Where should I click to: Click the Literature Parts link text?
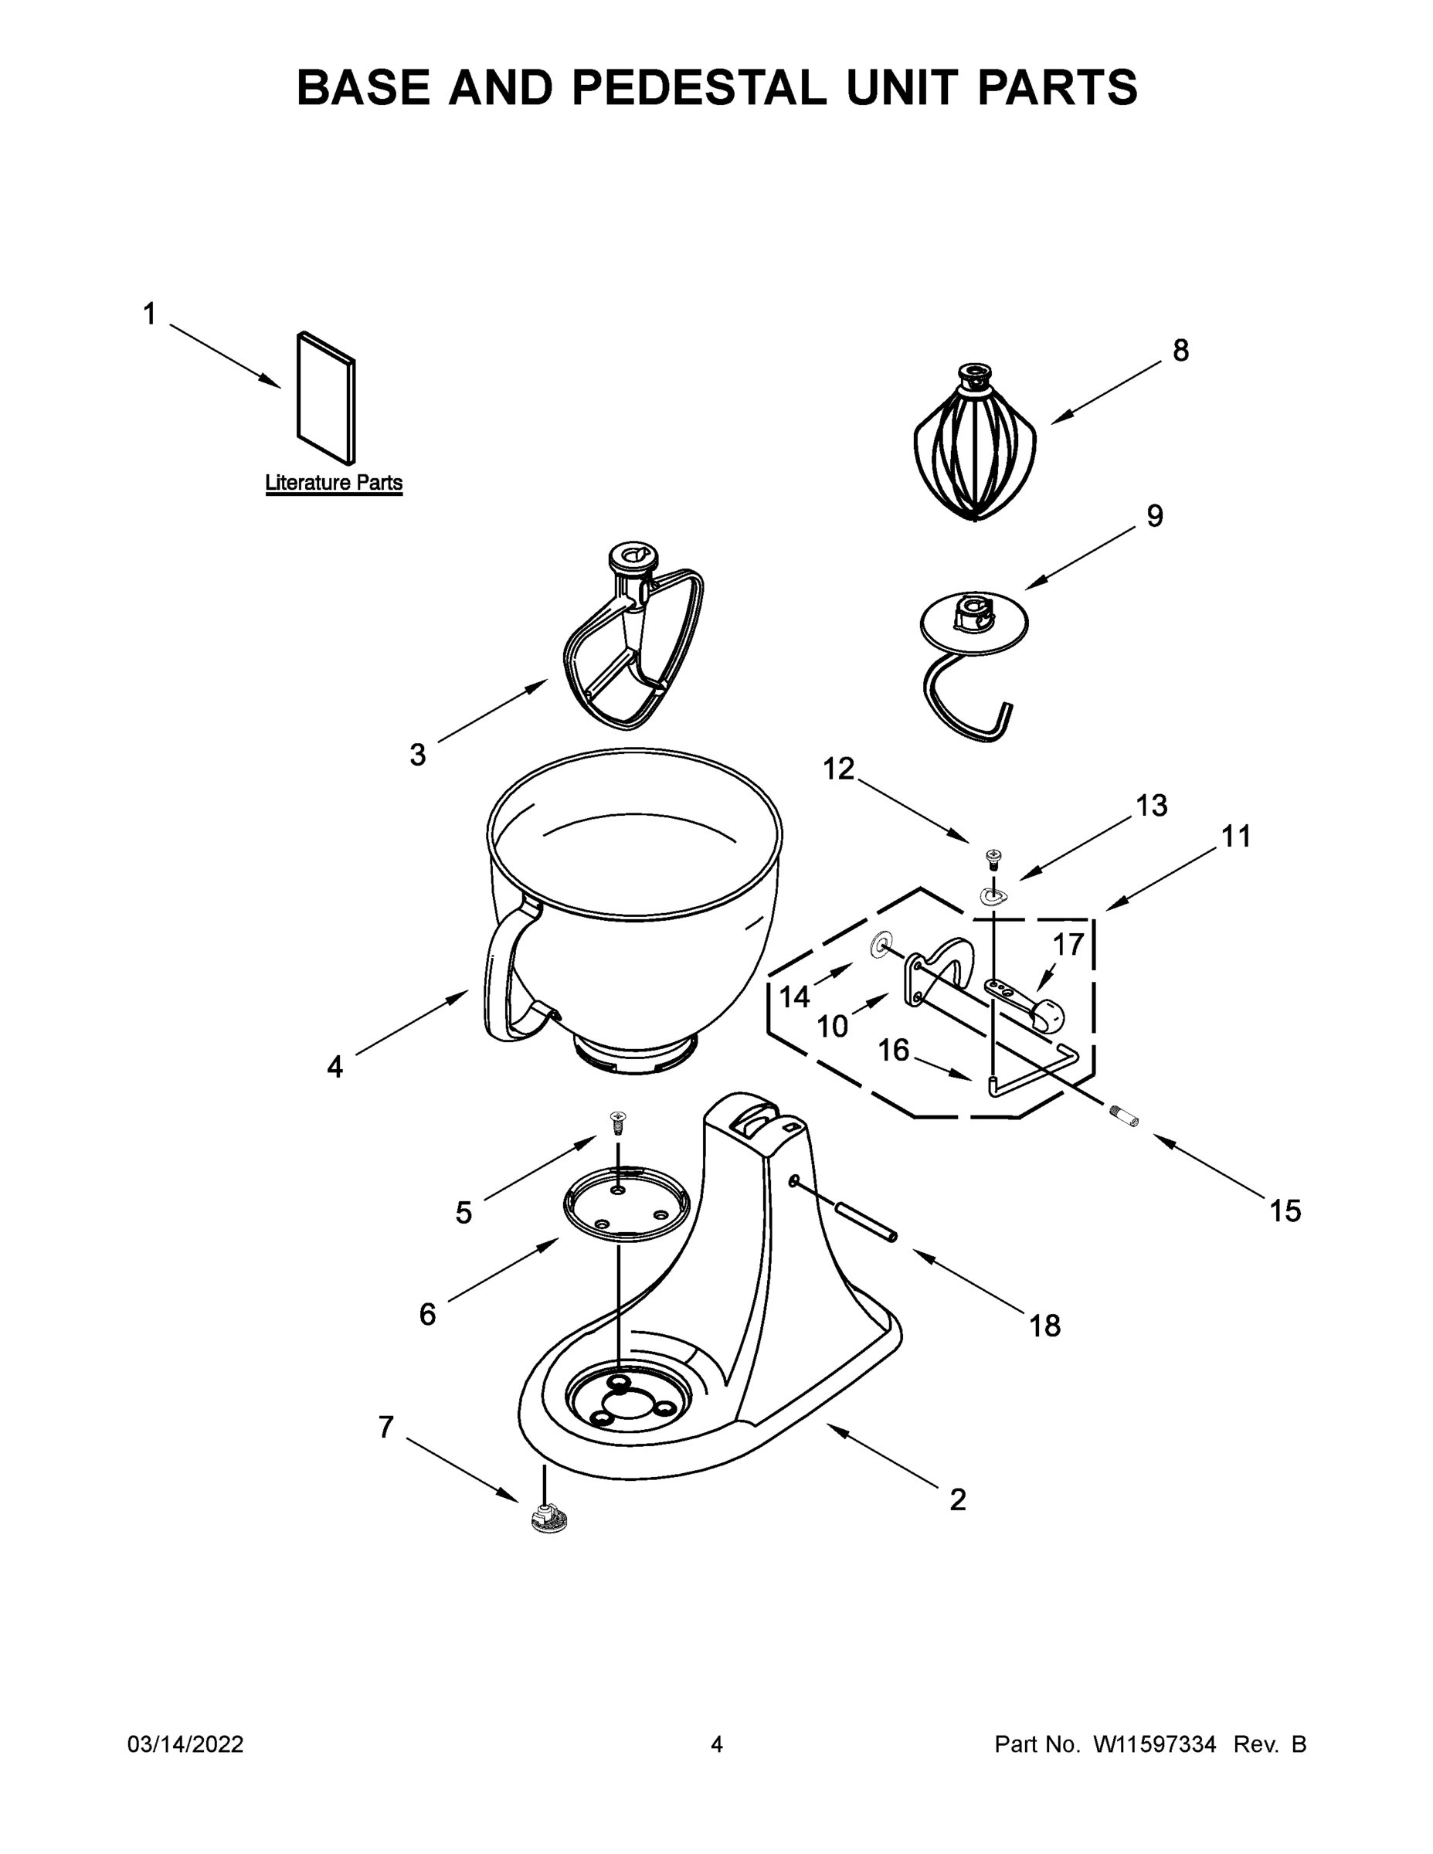[x=334, y=482]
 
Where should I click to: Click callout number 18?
[x=1045, y=1325]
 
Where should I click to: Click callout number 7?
[x=385, y=1428]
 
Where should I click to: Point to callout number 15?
[x=1285, y=1211]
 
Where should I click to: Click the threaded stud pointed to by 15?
[x=1124, y=1118]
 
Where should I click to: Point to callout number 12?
[x=839, y=769]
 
